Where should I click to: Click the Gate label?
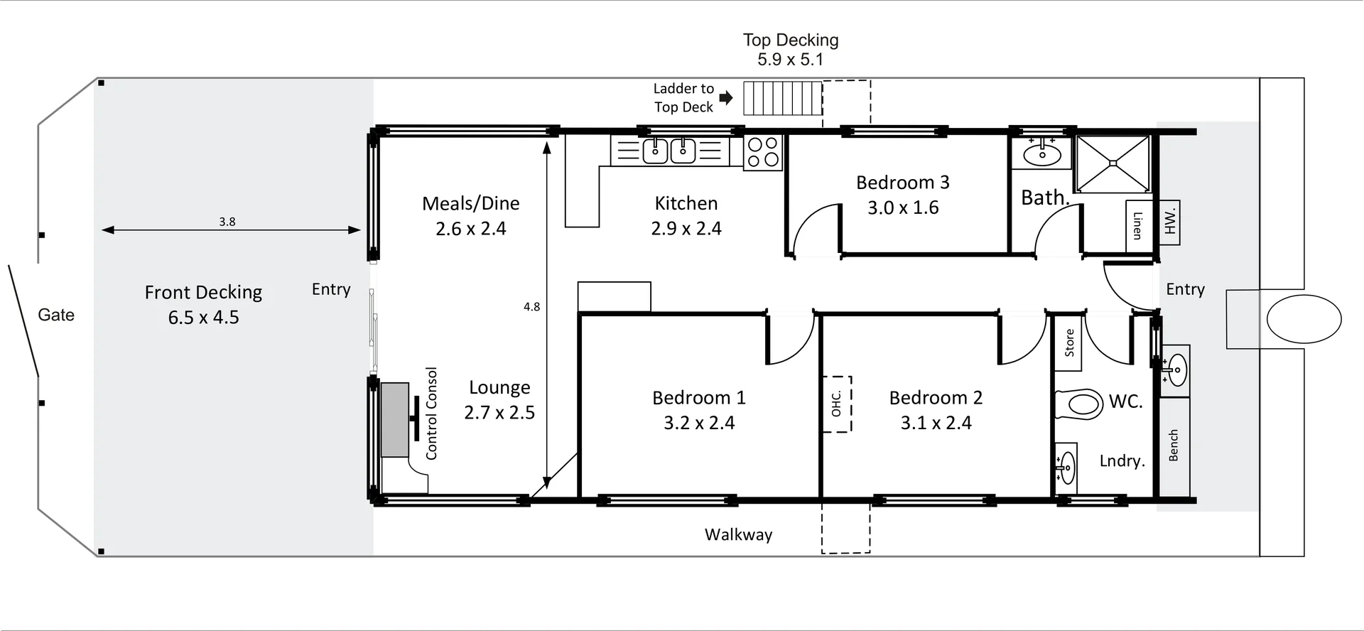[x=56, y=315]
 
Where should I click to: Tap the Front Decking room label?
[x=204, y=305]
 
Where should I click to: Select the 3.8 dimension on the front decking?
[x=227, y=222]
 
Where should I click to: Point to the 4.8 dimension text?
[x=532, y=307]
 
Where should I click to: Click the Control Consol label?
[x=431, y=414]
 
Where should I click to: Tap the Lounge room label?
[x=499, y=400]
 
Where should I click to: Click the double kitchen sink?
[x=669, y=151]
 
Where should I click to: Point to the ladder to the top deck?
[x=783, y=98]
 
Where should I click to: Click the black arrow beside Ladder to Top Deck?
[x=725, y=97]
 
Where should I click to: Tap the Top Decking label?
[x=791, y=50]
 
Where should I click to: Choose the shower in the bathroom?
[x=1113, y=163]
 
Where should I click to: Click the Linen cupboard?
[x=1138, y=226]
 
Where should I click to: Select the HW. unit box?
[x=1169, y=222]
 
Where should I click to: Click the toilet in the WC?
[x=1078, y=404]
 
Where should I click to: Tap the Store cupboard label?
[x=1069, y=343]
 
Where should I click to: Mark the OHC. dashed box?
[x=837, y=404]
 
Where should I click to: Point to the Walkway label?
[x=739, y=534]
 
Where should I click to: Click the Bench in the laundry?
[x=1174, y=446]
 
